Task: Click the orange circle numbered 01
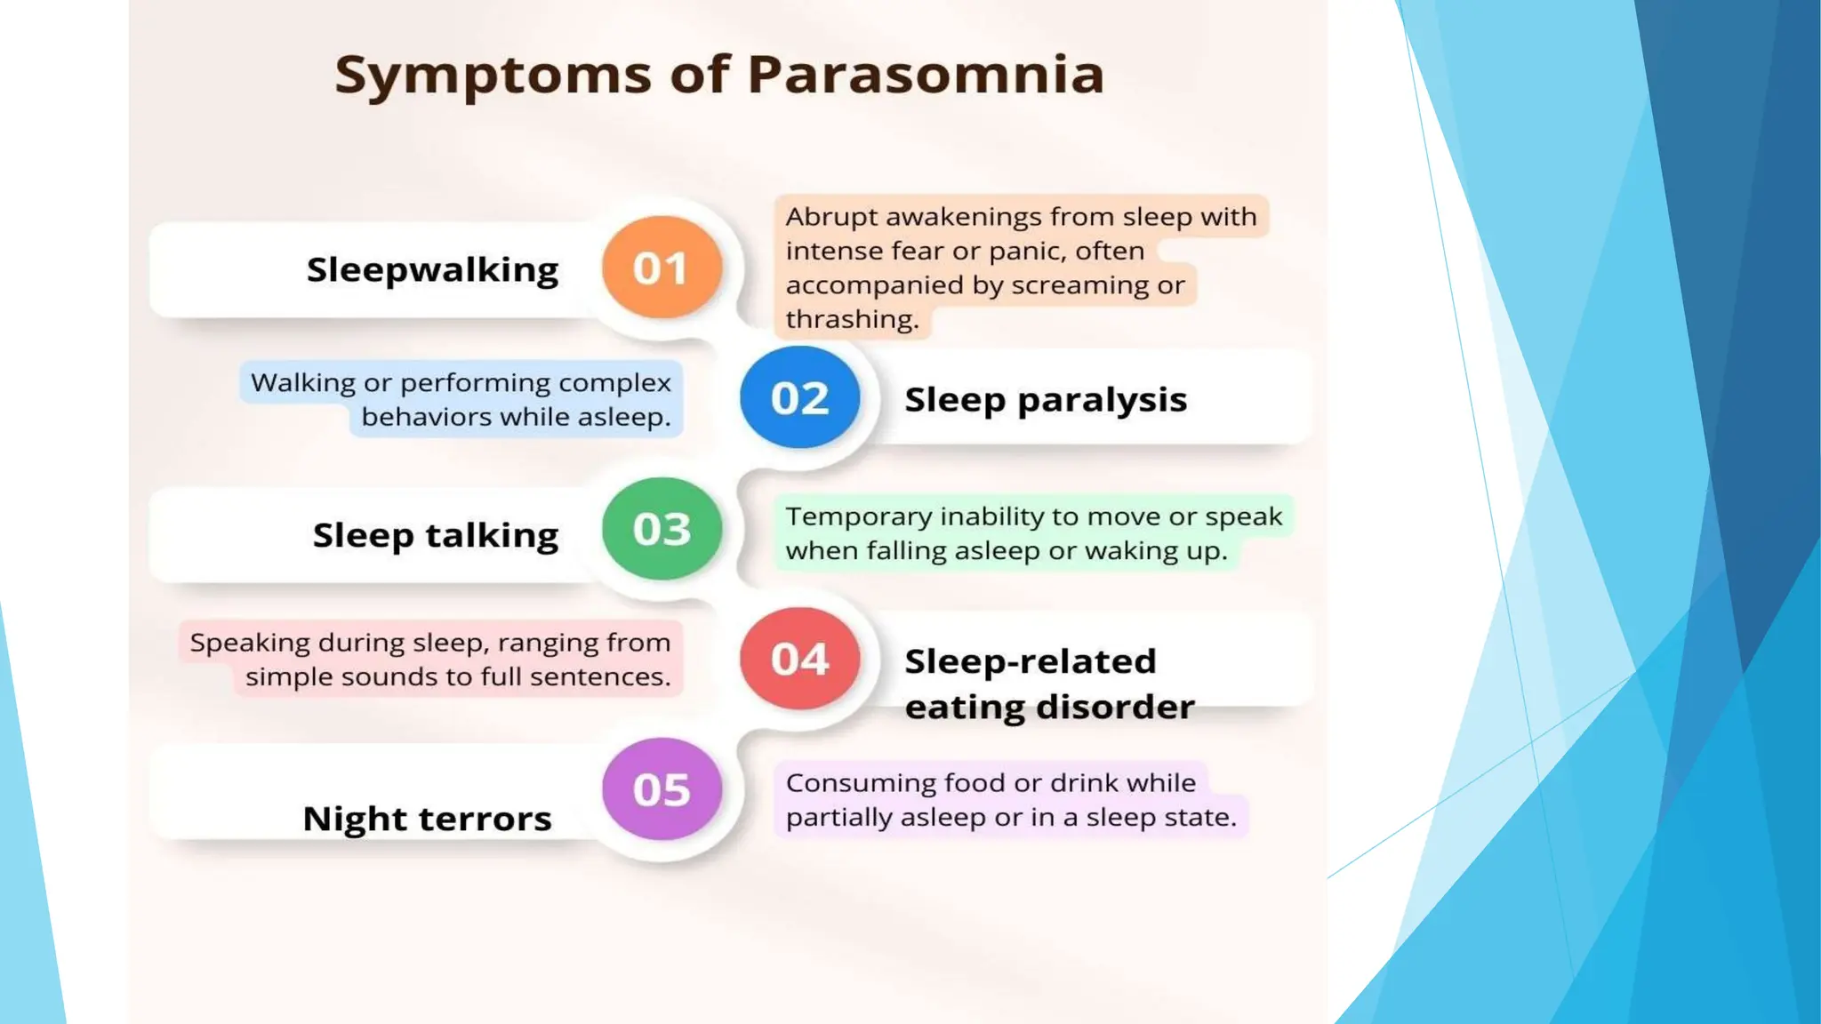662,267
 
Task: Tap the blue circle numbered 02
799,397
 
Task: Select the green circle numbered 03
662,529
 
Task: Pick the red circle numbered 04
799,659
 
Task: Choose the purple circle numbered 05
662,789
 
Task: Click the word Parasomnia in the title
926,74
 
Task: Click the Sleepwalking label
432,269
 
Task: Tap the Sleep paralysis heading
1045,399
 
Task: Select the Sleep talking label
435,534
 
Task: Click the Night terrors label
427,818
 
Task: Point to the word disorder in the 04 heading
1115,707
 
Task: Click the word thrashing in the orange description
851,319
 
